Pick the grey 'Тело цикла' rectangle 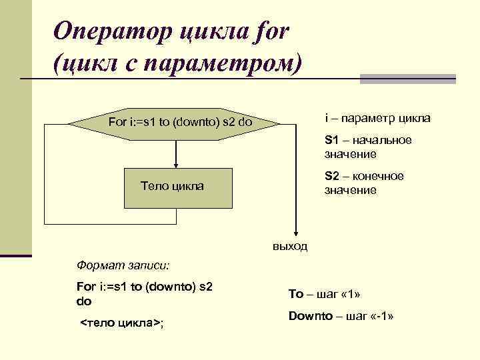point(177,186)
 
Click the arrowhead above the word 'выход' point(291,233)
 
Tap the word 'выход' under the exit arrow point(290,247)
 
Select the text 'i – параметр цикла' point(377,118)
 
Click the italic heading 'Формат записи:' point(123,265)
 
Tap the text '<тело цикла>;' point(122,323)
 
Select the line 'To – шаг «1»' point(325,294)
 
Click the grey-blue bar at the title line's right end point(407,79)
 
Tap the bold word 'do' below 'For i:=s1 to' point(84,301)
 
